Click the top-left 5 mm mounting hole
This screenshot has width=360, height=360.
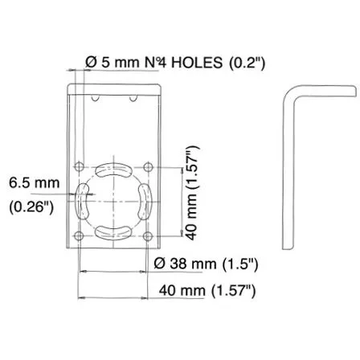(80, 166)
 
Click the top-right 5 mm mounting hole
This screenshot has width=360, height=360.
(148, 167)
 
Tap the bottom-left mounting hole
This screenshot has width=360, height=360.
(79, 236)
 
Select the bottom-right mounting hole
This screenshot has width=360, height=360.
(148, 236)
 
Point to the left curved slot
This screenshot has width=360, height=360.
(82, 201)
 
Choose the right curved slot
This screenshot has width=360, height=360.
(145, 202)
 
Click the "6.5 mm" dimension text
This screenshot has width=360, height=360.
(35, 183)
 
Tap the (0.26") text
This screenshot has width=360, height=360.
(31, 207)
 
